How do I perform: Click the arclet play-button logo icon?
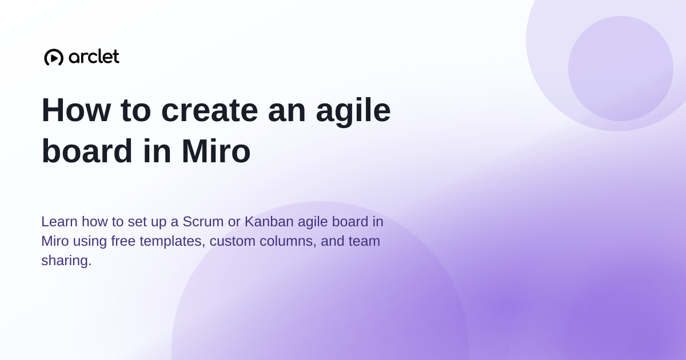click(54, 57)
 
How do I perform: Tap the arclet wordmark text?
click(94, 57)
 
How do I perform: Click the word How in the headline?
click(76, 110)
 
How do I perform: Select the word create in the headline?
click(209, 110)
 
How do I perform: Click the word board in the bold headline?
click(87, 151)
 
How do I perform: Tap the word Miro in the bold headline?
click(216, 151)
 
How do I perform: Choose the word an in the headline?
click(286, 113)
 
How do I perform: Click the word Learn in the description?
click(59, 221)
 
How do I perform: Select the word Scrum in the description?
click(203, 221)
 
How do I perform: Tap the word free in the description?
click(123, 241)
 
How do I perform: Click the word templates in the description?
click(173, 242)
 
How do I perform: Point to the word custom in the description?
click(233, 241)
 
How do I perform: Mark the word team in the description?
click(364, 241)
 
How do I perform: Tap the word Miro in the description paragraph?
click(55, 241)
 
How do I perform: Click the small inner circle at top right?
click(621, 69)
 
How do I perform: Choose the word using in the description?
click(90, 242)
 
